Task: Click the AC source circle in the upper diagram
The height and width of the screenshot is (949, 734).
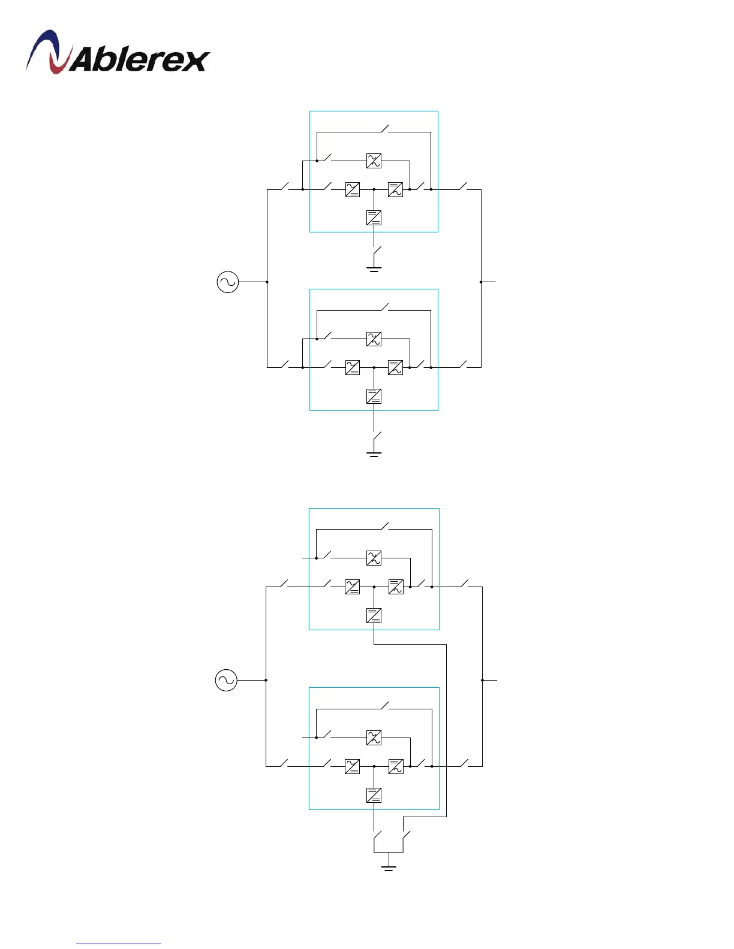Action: (x=228, y=282)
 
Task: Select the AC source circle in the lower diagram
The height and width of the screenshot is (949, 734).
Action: (x=226, y=680)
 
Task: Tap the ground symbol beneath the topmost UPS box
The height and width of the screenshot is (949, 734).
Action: (x=374, y=268)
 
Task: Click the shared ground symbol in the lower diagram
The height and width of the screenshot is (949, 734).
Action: (x=389, y=867)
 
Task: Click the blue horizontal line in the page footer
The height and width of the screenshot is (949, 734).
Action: (x=119, y=944)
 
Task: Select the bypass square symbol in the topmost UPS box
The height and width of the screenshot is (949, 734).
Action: (x=374, y=161)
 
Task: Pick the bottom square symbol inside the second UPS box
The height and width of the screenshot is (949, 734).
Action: (x=374, y=396)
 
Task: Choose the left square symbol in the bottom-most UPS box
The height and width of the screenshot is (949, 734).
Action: (x=353, y=766)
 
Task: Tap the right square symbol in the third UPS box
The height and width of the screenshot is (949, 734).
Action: (x=396, y=587)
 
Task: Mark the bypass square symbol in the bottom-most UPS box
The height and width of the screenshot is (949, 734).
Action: (x=374, y=738)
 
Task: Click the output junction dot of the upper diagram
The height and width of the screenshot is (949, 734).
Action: (x=481, y=282)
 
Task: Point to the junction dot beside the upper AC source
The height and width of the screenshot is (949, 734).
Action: (x=267, y=282)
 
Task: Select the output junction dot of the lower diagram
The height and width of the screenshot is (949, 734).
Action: (x=482, y=680)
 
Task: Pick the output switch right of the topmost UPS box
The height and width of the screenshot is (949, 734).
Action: (x=463, y=187)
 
